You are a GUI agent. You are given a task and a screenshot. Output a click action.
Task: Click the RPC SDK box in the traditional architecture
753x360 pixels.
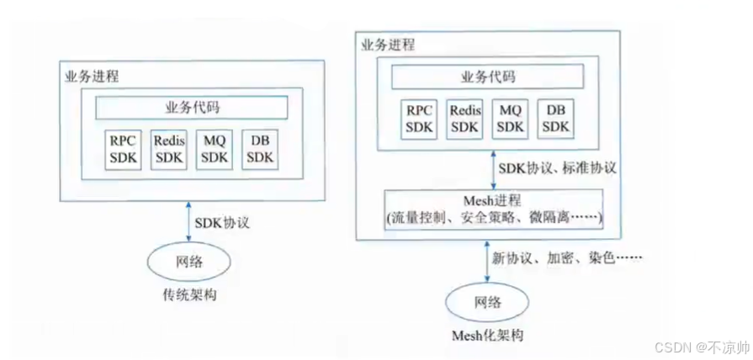[123, 149]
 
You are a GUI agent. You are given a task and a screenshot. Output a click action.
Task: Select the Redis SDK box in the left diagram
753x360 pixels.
[169, 149]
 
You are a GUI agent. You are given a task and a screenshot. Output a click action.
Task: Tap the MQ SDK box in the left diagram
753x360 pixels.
[215, 149]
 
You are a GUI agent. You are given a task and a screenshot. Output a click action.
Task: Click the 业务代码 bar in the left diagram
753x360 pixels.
[191, 109]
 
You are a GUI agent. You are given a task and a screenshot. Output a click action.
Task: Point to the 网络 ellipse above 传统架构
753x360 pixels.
[189, 262]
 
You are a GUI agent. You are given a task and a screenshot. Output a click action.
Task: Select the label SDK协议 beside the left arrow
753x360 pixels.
[222, 225]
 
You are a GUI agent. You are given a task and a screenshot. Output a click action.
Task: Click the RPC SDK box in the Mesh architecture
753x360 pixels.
[419, 119]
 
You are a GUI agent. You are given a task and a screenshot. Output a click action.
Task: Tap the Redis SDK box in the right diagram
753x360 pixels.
[464, 119]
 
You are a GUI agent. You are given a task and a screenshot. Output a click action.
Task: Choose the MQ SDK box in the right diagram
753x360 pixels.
[510, 119]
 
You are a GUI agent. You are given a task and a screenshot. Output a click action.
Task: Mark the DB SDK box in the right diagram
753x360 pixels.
[555, 119]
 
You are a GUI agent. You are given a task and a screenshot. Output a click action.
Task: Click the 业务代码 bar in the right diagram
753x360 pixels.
[488, 77]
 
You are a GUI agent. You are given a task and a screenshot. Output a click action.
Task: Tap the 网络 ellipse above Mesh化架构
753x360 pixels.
[487, 301]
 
